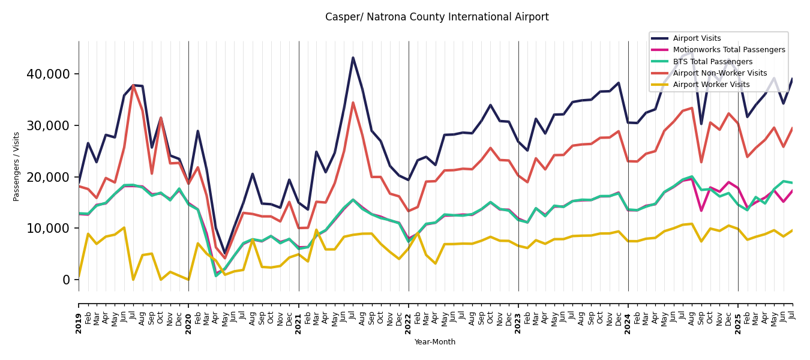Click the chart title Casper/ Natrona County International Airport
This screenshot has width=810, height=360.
437,17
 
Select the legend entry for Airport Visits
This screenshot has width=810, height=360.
697,38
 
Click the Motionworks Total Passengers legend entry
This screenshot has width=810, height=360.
728,50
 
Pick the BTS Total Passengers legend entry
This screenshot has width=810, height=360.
712,62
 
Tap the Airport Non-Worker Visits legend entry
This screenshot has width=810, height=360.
719,73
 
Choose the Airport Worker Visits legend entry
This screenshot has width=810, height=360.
711,85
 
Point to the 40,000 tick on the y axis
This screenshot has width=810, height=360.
48,74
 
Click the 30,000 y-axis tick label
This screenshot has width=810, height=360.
48,125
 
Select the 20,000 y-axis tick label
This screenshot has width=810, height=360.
48,177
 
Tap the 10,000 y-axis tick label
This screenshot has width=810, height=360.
48,229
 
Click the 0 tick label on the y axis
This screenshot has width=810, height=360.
67,280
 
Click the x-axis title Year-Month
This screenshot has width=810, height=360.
435,342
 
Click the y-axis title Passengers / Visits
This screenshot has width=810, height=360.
17,166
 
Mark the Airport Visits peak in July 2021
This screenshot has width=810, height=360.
353,58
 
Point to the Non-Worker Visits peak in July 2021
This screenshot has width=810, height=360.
353,103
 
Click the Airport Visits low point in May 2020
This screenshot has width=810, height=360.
225,254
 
